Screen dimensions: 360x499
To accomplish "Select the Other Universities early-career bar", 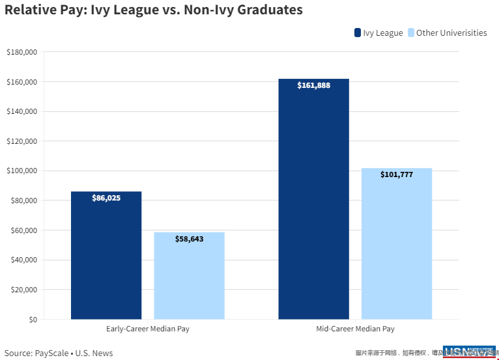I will point(189,277).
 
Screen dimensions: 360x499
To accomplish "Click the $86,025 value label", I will point(106,198).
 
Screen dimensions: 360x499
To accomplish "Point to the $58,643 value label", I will point(189,239).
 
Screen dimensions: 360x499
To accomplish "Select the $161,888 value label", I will point(313,85).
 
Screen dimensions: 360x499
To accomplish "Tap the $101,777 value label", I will point(397,174).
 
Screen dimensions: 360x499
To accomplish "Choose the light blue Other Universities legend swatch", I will point(410,33).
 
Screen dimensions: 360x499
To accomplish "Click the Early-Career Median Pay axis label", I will point(147,329).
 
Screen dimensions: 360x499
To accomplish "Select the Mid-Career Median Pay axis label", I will point(355,329).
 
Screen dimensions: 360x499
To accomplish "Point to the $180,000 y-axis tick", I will point(21,52).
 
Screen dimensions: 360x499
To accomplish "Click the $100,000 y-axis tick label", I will point(21,171).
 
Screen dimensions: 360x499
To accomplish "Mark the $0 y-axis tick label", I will point(31,320).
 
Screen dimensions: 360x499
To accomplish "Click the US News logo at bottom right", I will point(469,352).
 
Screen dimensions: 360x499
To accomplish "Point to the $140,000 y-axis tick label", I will point(21,111).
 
